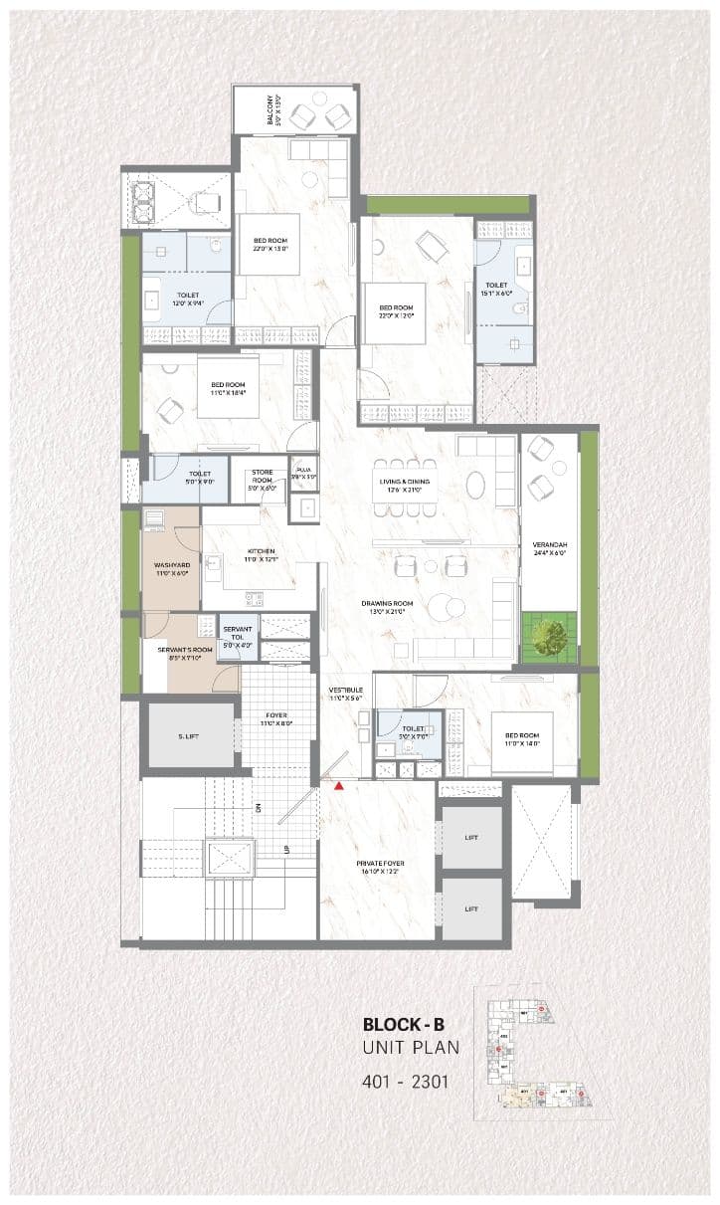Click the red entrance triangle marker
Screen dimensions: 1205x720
339,786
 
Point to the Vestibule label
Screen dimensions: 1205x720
345,694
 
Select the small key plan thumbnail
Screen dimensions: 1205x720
537,1054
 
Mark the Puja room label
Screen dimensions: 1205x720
303,476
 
